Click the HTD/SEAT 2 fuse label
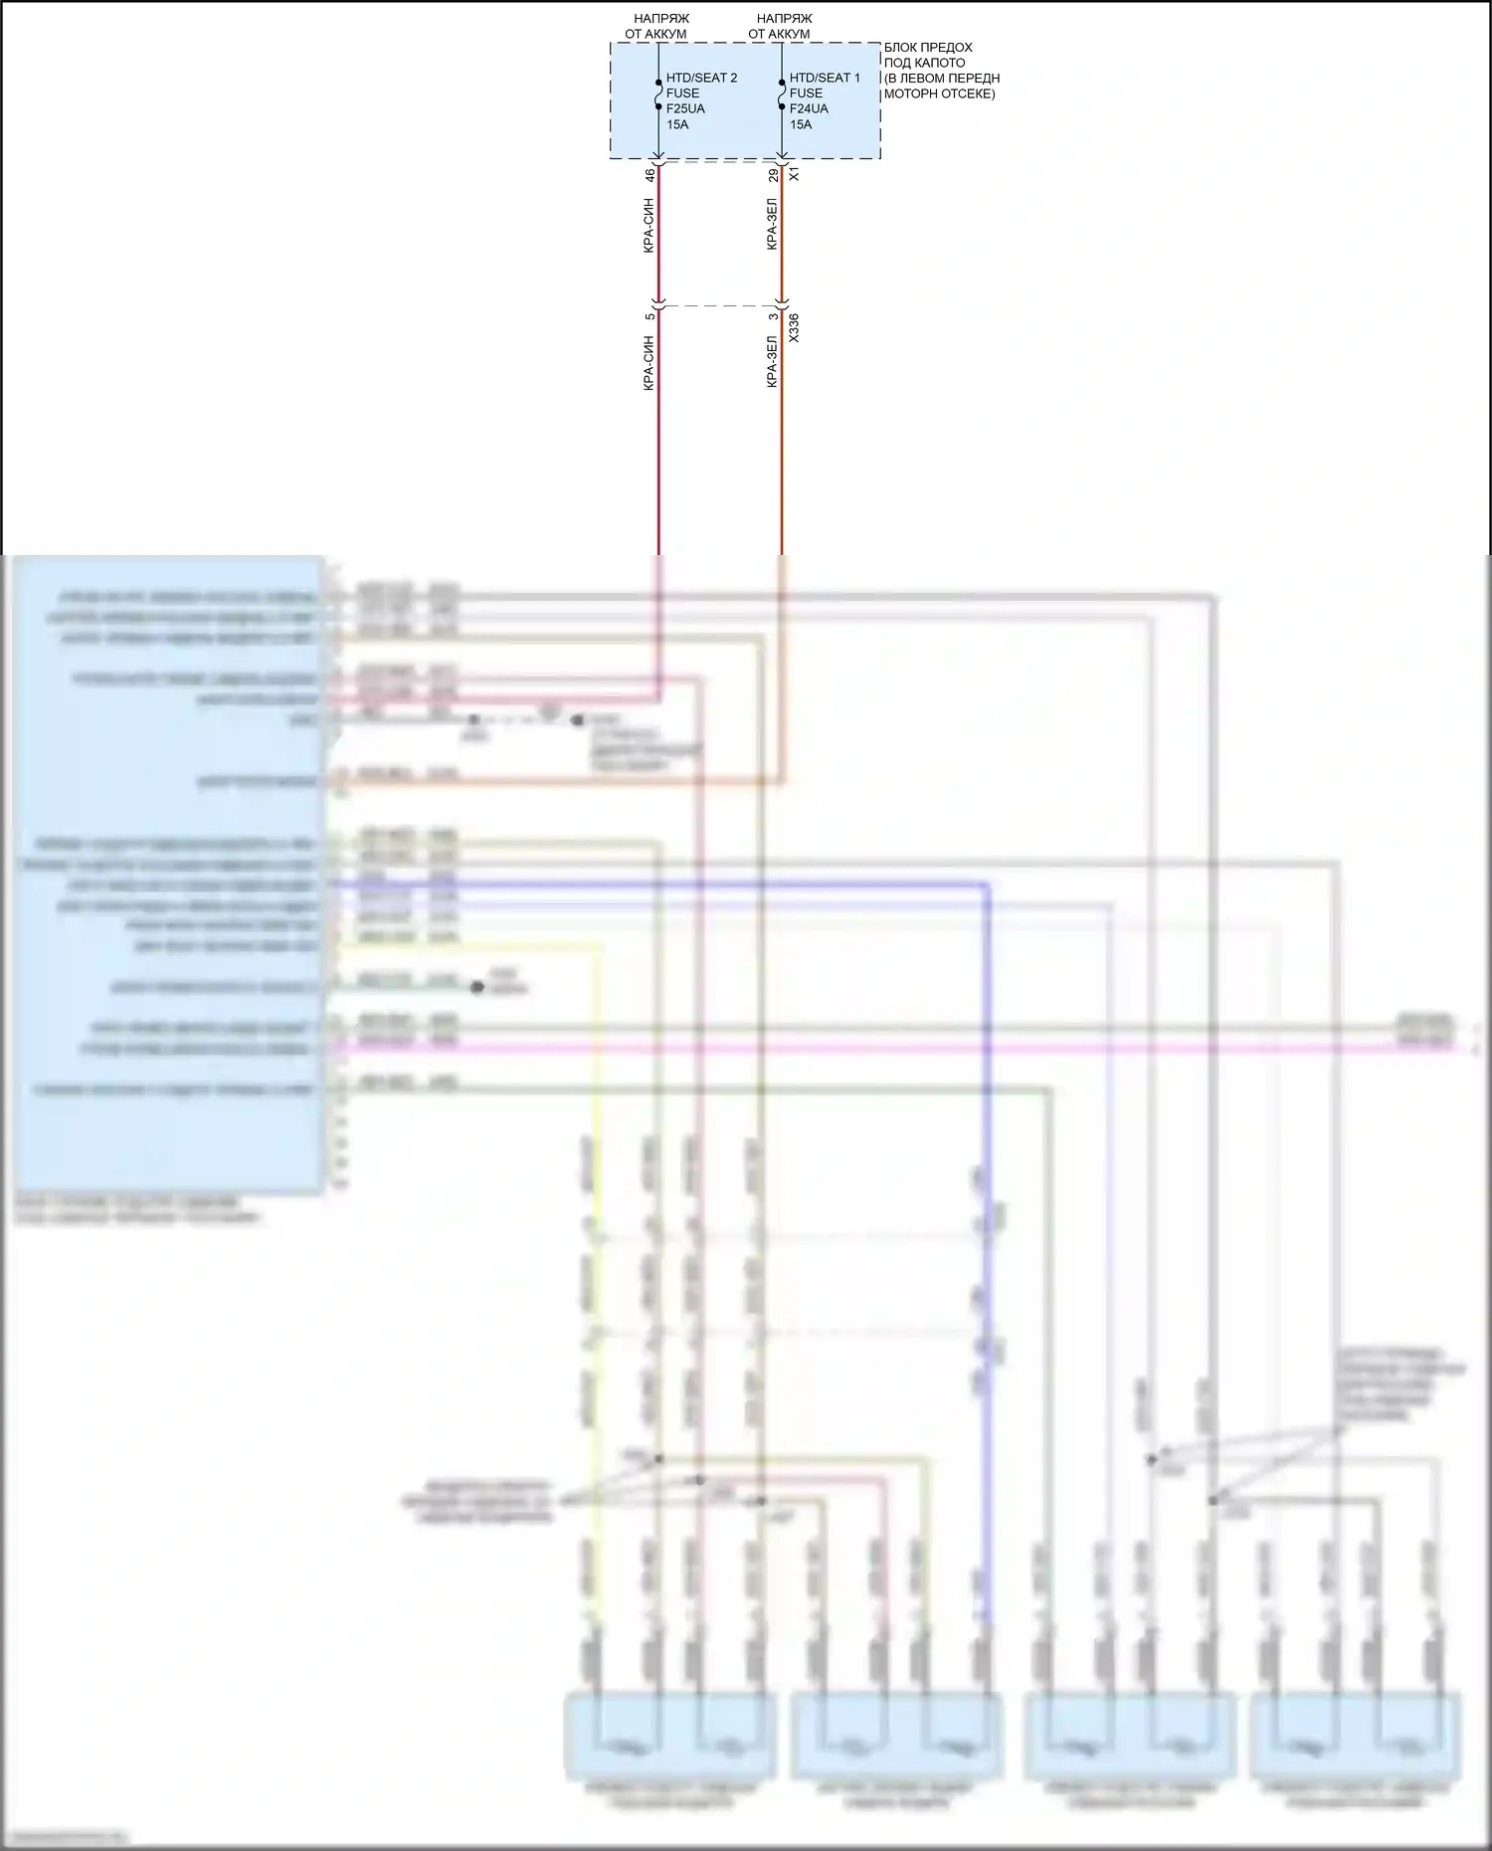(701, 78)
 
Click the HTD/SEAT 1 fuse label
(825, 78)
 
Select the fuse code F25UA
(685, 108)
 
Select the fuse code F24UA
(809, 108)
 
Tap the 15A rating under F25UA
(677, 124)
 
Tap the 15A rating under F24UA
(801, 124)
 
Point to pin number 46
(650, 175)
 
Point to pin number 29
(773, 175)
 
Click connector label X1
(794, 175)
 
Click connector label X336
(794, 329)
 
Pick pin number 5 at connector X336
(650, 316)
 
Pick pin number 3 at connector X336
(773, 316)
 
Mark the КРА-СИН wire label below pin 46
(649, 225)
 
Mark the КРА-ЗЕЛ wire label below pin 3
(773, 359)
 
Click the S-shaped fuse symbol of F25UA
(658, 93)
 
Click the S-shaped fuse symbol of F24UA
(782, 93)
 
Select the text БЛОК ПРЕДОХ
(927, 48)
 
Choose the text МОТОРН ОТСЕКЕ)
(939, 94)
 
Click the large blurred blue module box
(167, 875)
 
